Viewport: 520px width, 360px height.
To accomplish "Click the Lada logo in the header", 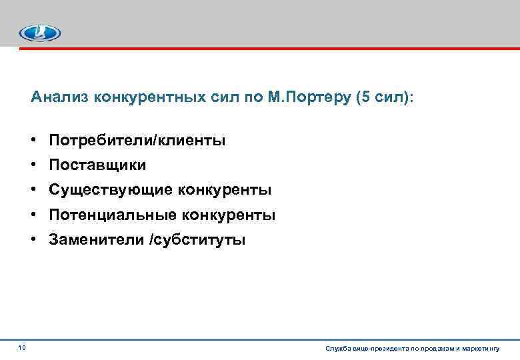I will pyautogui.click(x=39, y=33).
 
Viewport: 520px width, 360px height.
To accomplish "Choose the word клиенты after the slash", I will pyautogui.click(x=192, y=140).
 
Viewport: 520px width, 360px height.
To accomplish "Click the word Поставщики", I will pyautogui.click(x=97, y=165).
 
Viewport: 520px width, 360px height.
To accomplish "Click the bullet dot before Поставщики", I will pyautogui.click(x=33, y=165).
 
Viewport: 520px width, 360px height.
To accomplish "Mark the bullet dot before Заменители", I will pyautogui.click(x=33, y=240).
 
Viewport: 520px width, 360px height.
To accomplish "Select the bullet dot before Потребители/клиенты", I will pyautogui.click(x=33, y=140).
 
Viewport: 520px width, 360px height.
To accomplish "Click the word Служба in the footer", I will pyautogui.click(x=335, y=349).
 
